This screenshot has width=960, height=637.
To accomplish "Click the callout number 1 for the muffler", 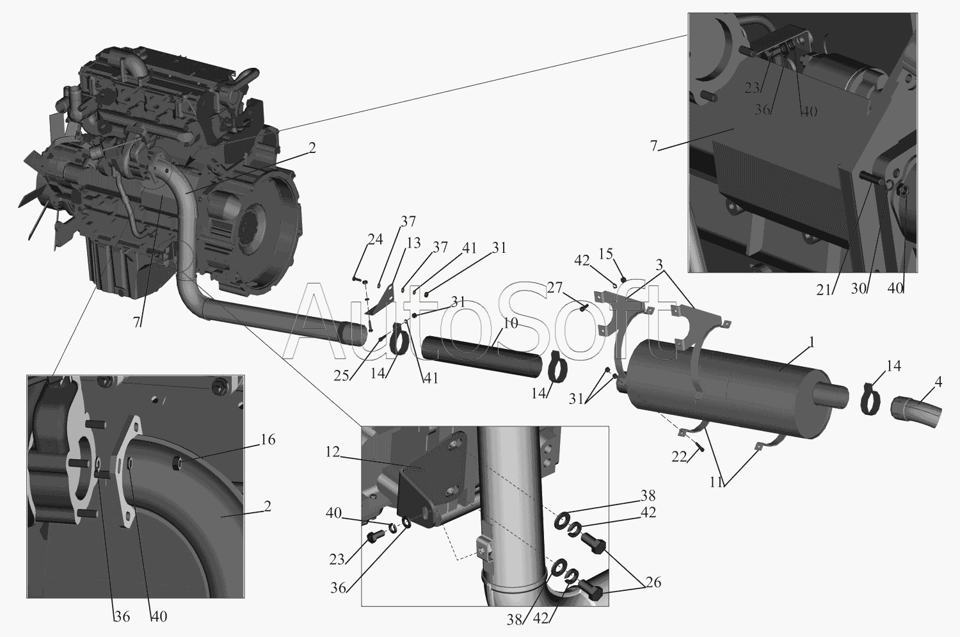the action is (810, 342).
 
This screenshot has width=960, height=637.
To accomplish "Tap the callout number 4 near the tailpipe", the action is (938, 382).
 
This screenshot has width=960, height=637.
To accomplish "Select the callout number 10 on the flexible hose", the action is (509, 323).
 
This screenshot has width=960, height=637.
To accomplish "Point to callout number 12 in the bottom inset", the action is (333, 452).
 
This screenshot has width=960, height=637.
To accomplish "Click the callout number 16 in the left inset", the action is (268, 440).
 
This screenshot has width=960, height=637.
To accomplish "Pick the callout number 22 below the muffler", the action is (679, 457).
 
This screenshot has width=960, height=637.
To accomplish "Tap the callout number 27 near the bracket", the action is (555, 288).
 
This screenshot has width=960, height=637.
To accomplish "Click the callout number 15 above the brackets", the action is (606, 254).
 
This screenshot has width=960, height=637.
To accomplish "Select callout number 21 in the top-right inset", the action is (823, 290).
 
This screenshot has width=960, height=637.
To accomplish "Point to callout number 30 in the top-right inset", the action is (858, 289).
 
